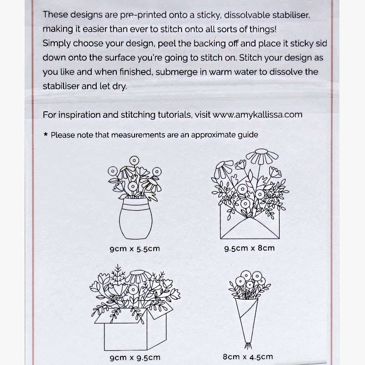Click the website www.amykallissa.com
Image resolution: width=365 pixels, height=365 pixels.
(x=257, y=115)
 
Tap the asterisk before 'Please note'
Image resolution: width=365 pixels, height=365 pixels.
(x=45, y=135)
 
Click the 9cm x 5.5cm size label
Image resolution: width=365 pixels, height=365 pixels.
(x=135, y=249)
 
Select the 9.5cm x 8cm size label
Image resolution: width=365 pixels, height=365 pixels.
(x=249, y=249)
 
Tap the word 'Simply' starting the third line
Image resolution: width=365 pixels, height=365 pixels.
(x=58, y=44)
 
